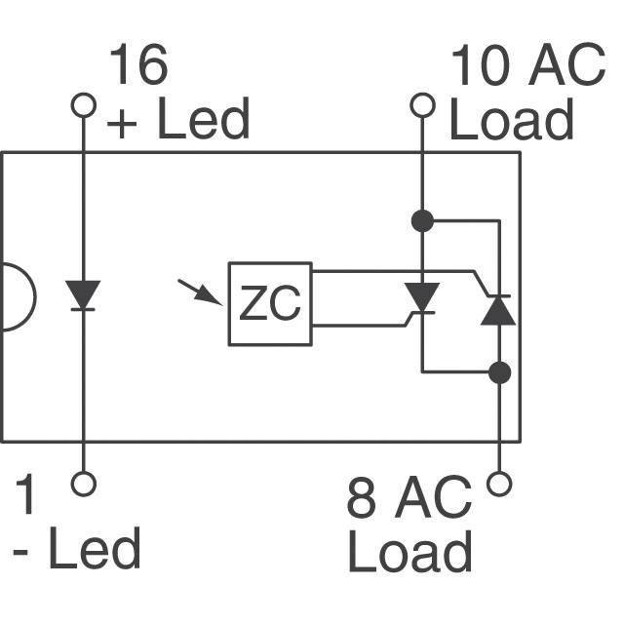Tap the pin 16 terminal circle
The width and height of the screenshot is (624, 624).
(84, 105)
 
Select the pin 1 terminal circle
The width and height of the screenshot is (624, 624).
(84, 484)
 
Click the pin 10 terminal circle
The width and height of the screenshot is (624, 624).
(422, 105)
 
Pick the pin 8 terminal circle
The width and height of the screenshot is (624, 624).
(499, 484)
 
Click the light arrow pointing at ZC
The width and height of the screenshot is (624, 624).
(200, 292)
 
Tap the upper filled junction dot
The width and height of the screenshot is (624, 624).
(422, 220)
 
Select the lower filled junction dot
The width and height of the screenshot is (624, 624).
(499, 372)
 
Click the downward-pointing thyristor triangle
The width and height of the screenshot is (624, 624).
(422, 296)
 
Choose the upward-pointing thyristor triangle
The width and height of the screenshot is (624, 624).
(498, 311)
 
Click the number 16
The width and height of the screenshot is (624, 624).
(138, 64)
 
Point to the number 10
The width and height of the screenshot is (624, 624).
(481, 64)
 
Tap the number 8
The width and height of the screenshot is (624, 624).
(362, 497)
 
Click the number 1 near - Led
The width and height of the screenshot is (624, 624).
(24, 494)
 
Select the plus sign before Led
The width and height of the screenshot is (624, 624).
(122, 124)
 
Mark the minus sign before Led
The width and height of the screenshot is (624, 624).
(20, 552)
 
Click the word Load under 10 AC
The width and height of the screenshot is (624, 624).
(512, 119)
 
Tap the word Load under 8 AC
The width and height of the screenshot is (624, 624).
(409, 551)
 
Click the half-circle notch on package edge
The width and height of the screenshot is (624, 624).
(35, 296)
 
